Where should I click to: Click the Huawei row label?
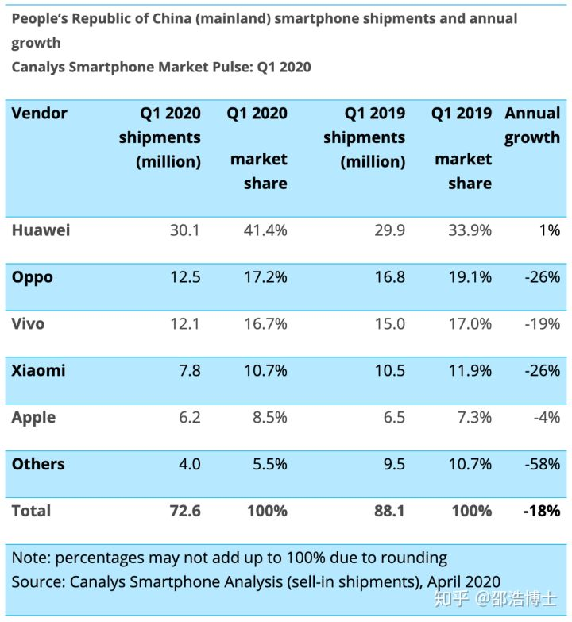pos(41,230)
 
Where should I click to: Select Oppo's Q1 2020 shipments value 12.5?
pos(185,277)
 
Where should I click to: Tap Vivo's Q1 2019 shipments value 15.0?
pos(389,324)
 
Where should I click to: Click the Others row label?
pos(38,464)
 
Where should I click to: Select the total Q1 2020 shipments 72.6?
pos(184,511)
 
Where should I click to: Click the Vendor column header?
pos(40,113)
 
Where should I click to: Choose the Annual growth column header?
pos(532,125)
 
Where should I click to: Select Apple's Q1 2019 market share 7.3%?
pos(470,418)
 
